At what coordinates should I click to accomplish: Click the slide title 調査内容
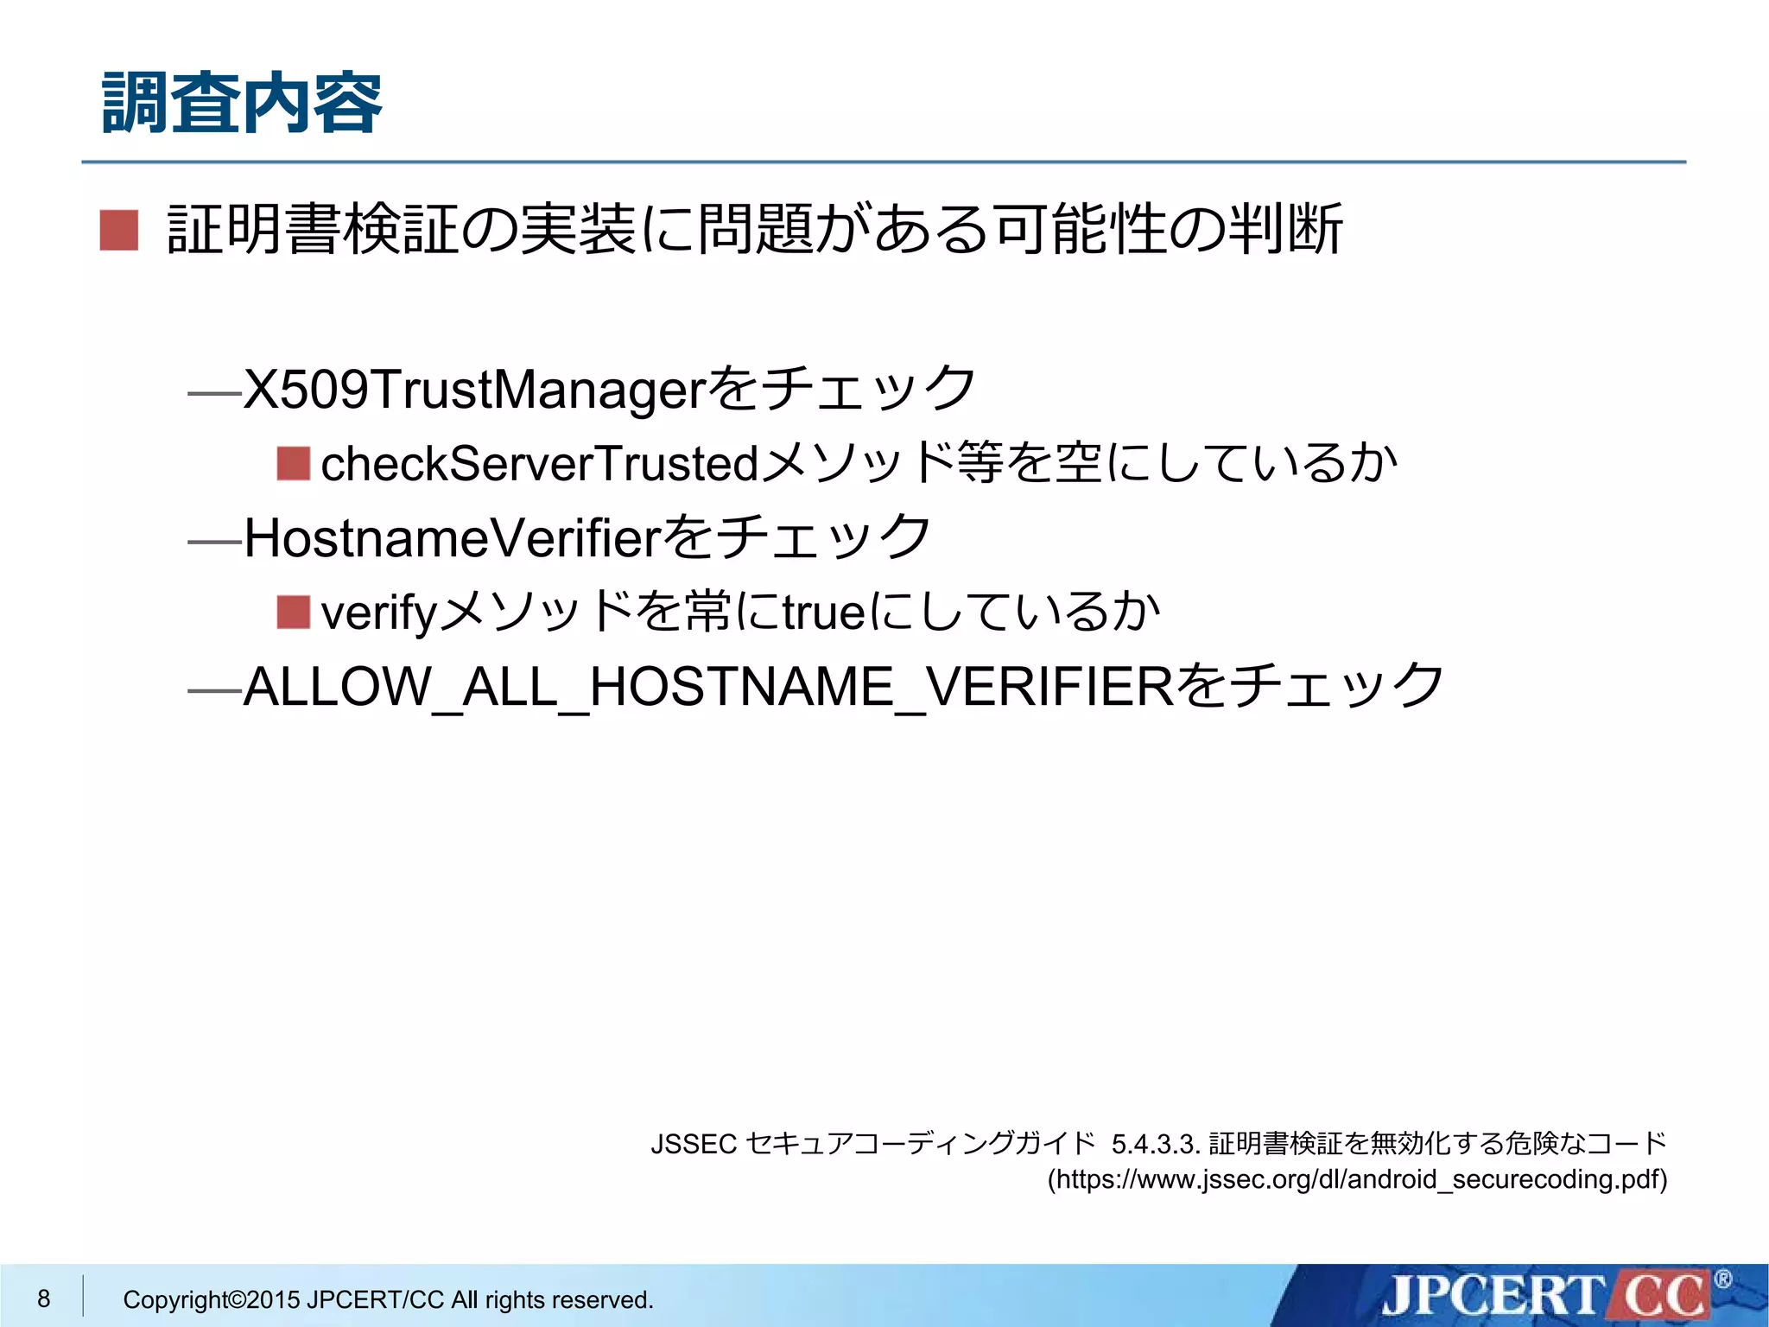click(x=242, y=104)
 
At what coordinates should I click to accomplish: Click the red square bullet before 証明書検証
click(x=119, y=231)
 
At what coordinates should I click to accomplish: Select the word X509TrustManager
click(x=475, y=390)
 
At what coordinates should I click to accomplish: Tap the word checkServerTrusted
click(x=540, y=464)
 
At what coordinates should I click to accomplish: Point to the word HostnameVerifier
click(x=453, y=538)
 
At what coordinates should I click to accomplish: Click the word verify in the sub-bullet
click(x=379, y=613)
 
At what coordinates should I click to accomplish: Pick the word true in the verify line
click(x=823, y=613)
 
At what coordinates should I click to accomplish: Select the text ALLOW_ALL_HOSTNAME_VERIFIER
click(x=708, y=688)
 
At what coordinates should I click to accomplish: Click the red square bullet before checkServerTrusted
click(x=294, y=464)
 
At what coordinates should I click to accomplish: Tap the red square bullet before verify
click(x=294, y=613)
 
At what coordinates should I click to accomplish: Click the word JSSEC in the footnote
click(x=693, y=1144)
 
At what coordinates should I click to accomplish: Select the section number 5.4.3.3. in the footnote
click(x=1156, y=1144)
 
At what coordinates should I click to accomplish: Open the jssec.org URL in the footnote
click(x=1357, y=1179)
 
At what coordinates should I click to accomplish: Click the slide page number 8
click(x=44, y=1298)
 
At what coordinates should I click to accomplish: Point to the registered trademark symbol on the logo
click(x=1722, y=1279)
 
